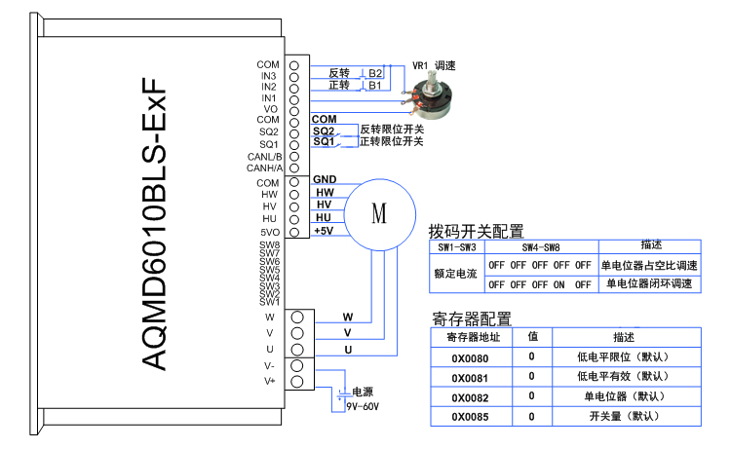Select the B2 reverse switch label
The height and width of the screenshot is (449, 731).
(375, 73)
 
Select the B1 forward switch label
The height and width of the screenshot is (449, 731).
(374, 86)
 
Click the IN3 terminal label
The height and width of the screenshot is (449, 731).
(268, 76)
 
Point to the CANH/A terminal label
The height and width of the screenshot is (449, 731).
(264, 168)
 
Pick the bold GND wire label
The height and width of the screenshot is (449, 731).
(325, 180)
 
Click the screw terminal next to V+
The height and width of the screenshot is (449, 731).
(297, 381)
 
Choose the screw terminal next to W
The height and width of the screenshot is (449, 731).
(297, 317)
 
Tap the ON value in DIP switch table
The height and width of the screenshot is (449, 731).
(559, 284)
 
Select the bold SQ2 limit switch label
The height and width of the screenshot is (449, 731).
(324, 131)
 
